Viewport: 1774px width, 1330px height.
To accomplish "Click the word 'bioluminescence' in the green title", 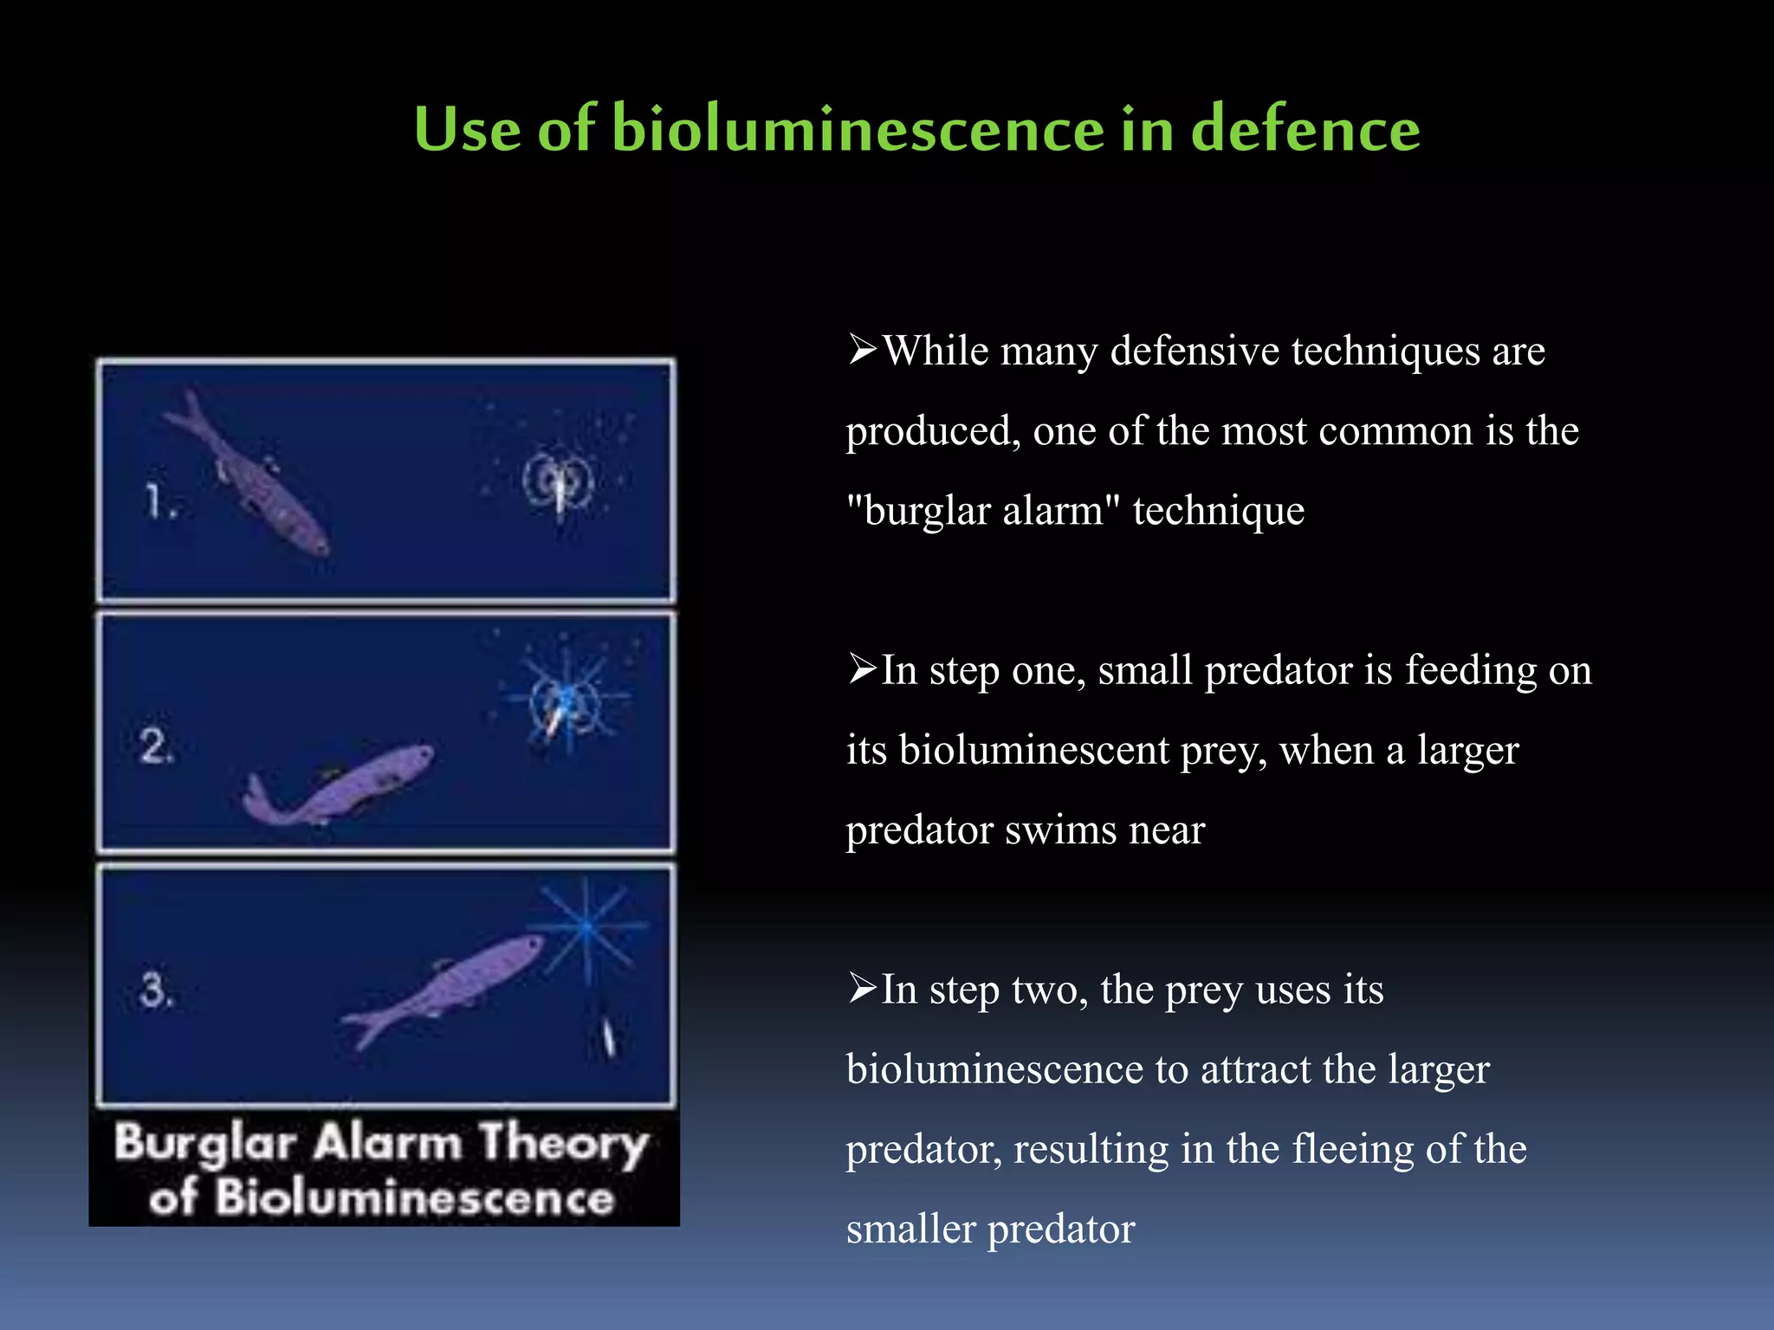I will point(858,130).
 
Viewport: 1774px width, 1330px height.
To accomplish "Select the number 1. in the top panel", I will point(161,501).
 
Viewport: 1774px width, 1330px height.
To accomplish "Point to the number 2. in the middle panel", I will point(157,746).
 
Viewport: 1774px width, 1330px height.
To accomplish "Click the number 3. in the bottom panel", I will point(157,989).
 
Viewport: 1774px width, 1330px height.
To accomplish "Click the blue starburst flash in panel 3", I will point(587,926).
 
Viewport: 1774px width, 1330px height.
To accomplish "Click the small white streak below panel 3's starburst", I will point(609,1036).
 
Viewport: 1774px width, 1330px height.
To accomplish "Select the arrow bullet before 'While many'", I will point(863,350).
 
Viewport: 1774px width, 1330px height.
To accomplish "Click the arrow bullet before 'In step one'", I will point(863,669).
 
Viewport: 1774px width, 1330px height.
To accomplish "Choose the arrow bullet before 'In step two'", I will point(863,988).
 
